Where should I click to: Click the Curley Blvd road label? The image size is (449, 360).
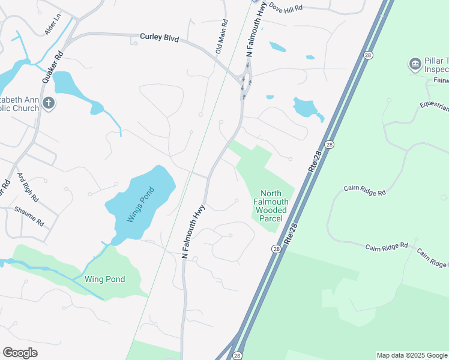click(160, 37)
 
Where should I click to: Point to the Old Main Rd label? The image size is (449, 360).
click(221, 35)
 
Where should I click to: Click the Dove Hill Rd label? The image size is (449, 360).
click(286, 8)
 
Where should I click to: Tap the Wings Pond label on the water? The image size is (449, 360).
click(140, 205)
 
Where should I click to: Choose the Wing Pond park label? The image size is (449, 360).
click(104, 279)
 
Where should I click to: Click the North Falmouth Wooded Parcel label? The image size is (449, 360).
click(271, 206)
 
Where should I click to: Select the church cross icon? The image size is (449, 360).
click(49, 104)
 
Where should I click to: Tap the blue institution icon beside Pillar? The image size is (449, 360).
click(415, 64)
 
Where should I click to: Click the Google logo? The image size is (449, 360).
click(20, 353)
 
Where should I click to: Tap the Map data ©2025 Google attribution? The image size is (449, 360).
click(411, 355)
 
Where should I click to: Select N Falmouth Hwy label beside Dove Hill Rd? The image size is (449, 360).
click(256, 29)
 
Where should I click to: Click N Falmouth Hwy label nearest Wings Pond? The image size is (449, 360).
click(193, 232)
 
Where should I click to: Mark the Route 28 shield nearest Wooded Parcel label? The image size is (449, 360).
click(276, 249)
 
